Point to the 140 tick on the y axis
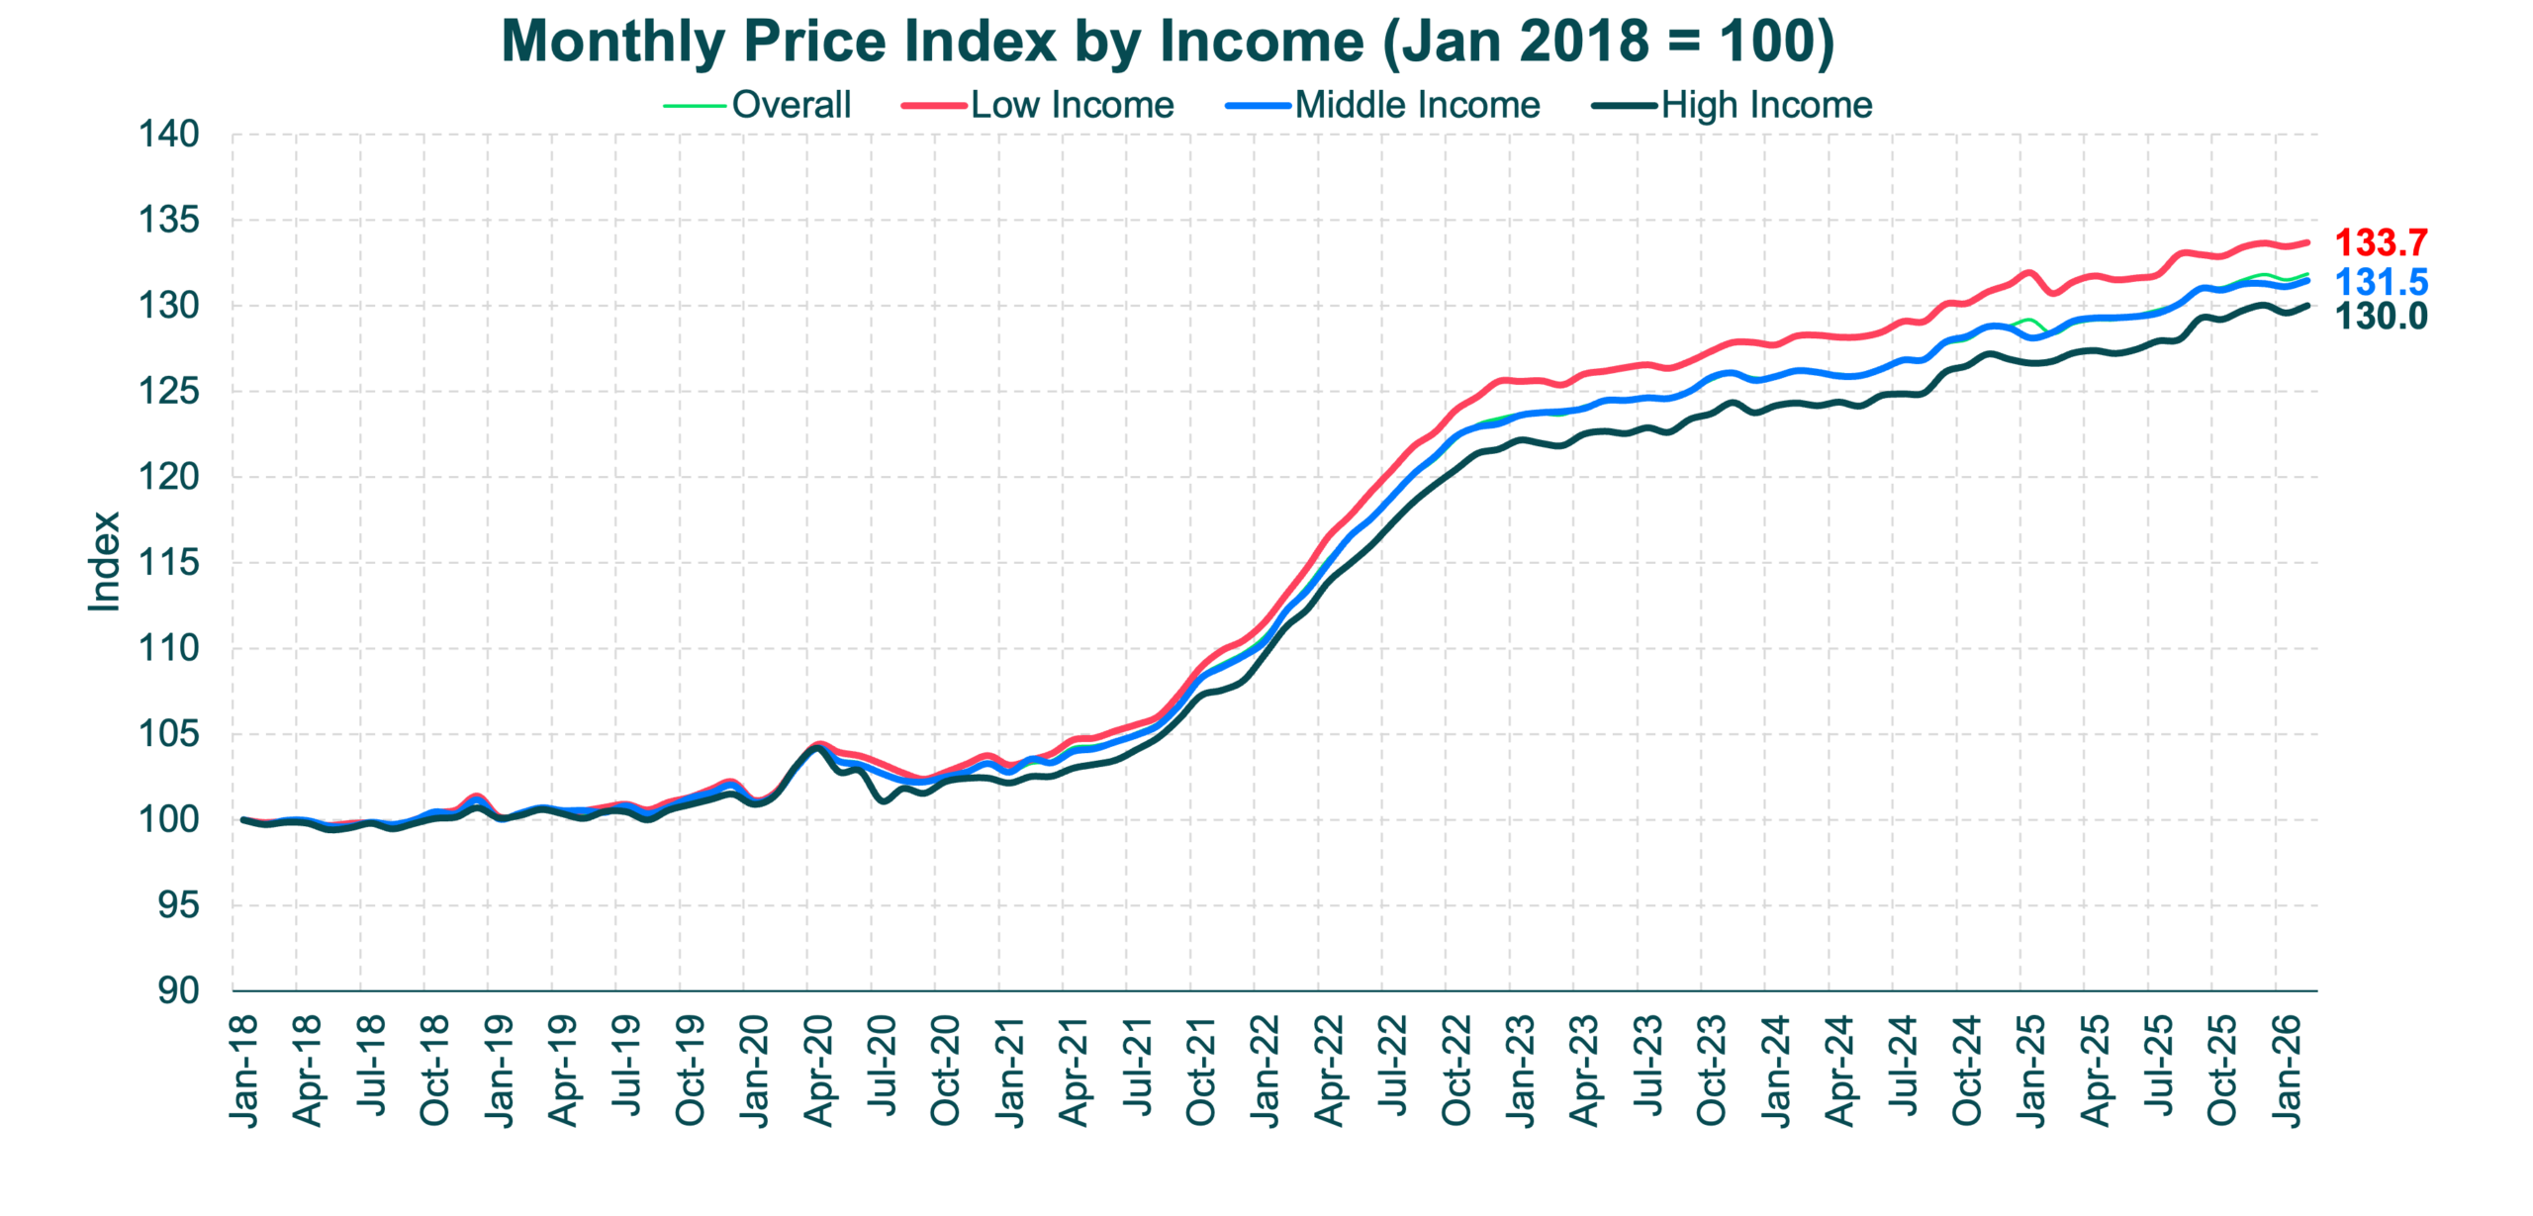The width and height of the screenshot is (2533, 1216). click(169, 135)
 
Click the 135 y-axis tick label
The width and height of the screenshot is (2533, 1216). click(169, 220)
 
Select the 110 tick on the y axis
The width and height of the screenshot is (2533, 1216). click(169, 649)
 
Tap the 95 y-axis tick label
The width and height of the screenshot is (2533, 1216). click(178, 906)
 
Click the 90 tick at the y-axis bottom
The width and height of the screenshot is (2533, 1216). click(178, 990)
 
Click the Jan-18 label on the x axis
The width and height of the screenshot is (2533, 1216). click(243, 1069)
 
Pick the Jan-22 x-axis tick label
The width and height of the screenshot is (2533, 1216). click(1266, 1069)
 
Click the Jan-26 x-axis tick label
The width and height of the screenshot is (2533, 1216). click(2288, 1069)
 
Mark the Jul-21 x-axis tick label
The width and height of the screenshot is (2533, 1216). click(1139, 1069)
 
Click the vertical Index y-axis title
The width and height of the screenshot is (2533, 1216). click(105, 558)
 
